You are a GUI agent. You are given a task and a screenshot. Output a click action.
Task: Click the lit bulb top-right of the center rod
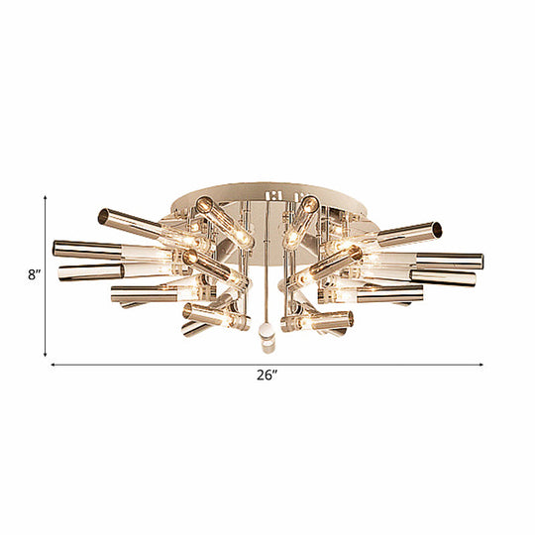(x=310, y=207)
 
